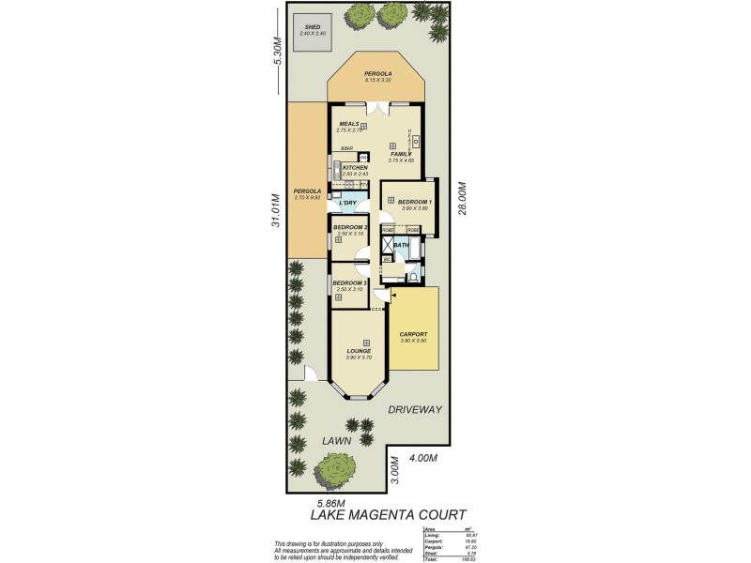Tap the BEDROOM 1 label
[414, 202]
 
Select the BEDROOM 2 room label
[349, 227]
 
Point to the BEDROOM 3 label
[349, 282]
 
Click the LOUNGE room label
[359, 351]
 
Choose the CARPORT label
[413, 334]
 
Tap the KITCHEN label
[355, 168]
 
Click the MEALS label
[349, 123]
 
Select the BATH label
[401, 245]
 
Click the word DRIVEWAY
[415, 410]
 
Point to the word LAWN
[336, 440]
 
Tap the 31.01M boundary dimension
[276, 210]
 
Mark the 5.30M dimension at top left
[277, 50]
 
